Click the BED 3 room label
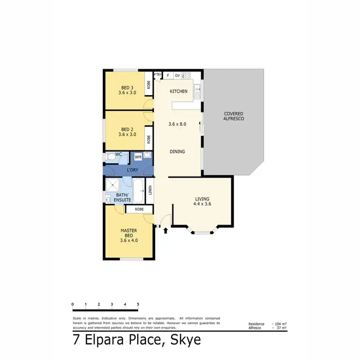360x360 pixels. pyautogui.click(x=127, y=87)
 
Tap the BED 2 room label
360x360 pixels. pyautogui.click(x=127, y=129)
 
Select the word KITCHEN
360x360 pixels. pyautogui.click(x=178, y=91)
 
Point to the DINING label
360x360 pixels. pyautogui.click(x=177, y=152)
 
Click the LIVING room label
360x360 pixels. pyautogui.click(x=202, y=199)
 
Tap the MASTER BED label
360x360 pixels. pyautogui.click(x=129, y=233)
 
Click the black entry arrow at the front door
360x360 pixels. pyautogui.click(x=166, y=231)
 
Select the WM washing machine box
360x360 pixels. pyautogui.click(x=138, y=157)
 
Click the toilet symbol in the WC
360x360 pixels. pyautogui.click(x=109, y=157)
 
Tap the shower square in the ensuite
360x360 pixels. pyautogui.click(x=114, y=184)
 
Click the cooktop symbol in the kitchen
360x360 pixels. pyautogui.click(x=187, y=75)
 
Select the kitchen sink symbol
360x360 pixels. pyautogui.click(x=197, y=92)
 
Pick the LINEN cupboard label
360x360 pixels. pyautogui.click(x=150, y=191)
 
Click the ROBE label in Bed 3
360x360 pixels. pyautogui.click(x=149, y=85)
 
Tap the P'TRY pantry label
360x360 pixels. pyautogui.click(x=157, y=75)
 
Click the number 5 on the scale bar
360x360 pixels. pyautogui.click(x=138, y=304)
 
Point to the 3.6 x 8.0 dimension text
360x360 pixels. pyautogui.click(x=177, y=124)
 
